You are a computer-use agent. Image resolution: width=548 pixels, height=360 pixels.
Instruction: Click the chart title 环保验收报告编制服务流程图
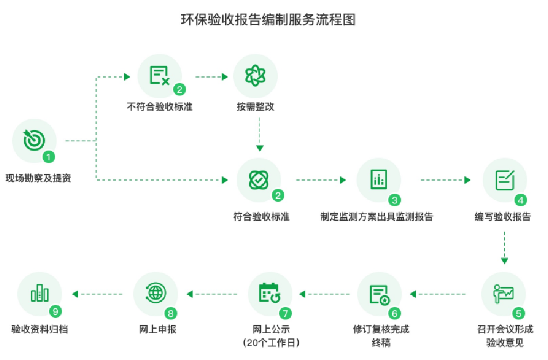268,20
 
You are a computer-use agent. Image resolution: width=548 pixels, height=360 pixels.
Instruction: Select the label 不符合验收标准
160,106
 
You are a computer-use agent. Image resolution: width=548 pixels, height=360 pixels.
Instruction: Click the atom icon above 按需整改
255,76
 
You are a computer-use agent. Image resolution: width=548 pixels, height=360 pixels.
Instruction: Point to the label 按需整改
255,106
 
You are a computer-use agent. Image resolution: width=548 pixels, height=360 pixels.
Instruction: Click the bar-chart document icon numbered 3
379,180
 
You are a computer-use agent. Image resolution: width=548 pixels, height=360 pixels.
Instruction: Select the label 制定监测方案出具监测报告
376,217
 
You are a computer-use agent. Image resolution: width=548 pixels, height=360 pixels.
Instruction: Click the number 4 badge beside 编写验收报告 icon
520,200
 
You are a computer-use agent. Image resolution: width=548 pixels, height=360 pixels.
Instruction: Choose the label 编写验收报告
503,217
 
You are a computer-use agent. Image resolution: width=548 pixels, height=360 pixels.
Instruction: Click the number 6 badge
394,313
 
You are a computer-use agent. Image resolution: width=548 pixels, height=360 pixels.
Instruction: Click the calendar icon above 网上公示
270,294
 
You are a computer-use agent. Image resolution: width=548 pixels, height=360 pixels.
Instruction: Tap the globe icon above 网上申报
155,294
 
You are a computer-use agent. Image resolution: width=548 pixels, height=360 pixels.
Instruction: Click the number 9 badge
54,312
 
